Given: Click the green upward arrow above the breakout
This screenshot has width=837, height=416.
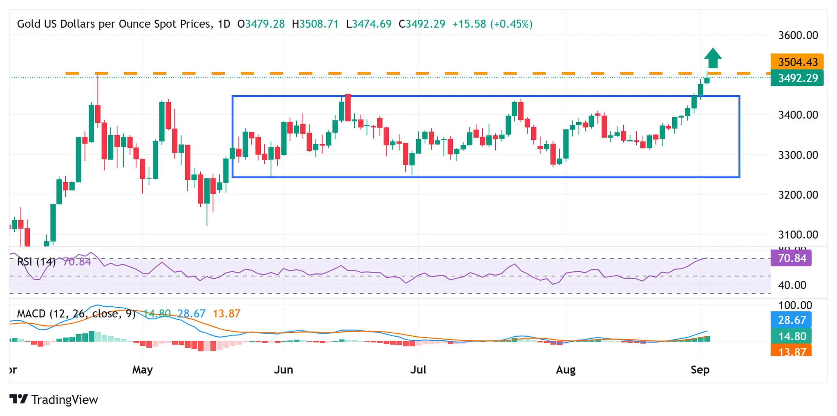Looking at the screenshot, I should (712, 58).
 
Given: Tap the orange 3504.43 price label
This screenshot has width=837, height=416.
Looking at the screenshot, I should (797, 62).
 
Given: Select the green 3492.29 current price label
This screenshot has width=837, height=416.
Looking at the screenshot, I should (797, 78).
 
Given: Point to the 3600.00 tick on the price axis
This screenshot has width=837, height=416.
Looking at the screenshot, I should (798, 36).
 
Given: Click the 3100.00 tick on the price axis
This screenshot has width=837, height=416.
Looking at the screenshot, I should (798, 235).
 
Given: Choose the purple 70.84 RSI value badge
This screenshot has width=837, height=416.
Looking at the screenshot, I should (791, 258).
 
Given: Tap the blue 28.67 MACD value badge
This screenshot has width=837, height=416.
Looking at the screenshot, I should (791, 320).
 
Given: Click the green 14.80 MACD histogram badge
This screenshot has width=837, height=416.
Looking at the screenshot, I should (791, 336).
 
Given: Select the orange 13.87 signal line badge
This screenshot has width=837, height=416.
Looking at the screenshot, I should (791, 351).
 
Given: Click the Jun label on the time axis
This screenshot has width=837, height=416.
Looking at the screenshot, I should (283, 370).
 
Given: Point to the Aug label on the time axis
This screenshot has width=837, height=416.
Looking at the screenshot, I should (566, 370).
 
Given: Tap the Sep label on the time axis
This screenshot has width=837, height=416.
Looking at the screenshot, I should (700, 370).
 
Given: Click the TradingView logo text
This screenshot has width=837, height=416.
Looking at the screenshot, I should (64, 399).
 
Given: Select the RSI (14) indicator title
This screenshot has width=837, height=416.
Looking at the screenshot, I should (36, 262).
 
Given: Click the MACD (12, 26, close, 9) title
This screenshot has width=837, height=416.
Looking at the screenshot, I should (76, 314).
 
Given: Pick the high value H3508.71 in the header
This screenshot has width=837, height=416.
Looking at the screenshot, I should (315, 24).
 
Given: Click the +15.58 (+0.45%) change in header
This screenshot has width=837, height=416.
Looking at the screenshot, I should (492, 24).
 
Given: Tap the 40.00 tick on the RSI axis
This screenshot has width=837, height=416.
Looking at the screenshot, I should (792, 285).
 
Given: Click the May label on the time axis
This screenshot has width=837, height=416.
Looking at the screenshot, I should (142, 370).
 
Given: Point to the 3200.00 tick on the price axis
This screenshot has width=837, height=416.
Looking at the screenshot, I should (798, 195).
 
